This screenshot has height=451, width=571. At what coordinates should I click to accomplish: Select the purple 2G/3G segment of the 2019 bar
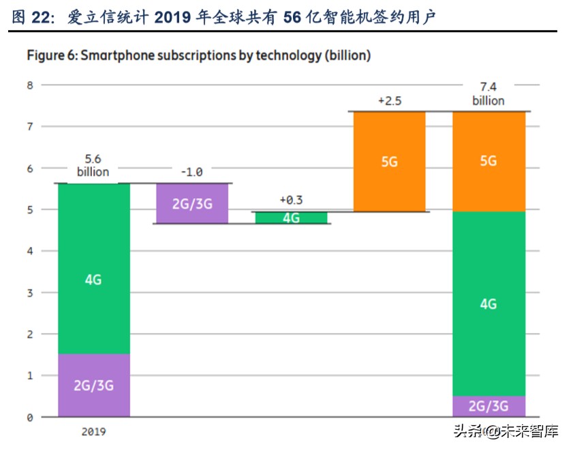[x=93, y=385]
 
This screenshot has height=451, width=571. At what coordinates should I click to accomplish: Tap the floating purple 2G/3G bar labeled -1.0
[x=192, y=203]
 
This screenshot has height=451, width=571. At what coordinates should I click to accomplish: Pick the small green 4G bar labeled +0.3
[x=291, y=218]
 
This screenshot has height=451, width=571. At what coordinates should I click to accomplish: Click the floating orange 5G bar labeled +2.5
[x=389, y=162]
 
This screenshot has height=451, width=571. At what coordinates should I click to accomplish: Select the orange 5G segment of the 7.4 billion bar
[x=489, y=161]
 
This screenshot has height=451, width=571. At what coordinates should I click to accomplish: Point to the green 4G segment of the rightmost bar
[x=489, y=304]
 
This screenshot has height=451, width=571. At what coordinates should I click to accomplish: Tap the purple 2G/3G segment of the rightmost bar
[x=489, y=406]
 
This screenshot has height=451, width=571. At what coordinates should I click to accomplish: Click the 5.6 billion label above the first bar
[x=93, y=164]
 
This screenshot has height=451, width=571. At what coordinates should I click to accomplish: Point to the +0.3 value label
[x=291, y=200]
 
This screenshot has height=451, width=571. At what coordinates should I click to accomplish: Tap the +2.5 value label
[x=389, y=100]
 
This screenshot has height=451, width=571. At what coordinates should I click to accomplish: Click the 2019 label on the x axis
[x=93, y=431]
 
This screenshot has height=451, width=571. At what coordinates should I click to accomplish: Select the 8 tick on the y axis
[x=29, y=85]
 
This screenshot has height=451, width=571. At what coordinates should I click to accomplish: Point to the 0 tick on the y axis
[x=29, y=417]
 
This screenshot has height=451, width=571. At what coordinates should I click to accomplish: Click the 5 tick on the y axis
[x=29, y=210]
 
